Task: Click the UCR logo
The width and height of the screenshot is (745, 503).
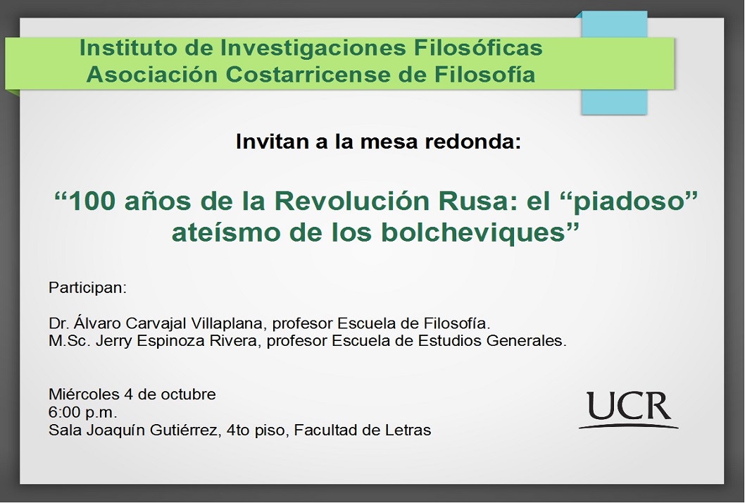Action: coord(629,411)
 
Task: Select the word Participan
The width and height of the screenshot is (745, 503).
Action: coord(87,288)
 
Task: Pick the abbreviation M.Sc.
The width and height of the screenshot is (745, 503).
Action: coord(70,341)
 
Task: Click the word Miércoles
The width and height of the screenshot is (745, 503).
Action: coord(84,394)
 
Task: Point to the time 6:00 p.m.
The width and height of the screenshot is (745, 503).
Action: coord(82,412)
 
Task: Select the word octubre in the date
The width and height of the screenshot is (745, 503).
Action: coord(188,394)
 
